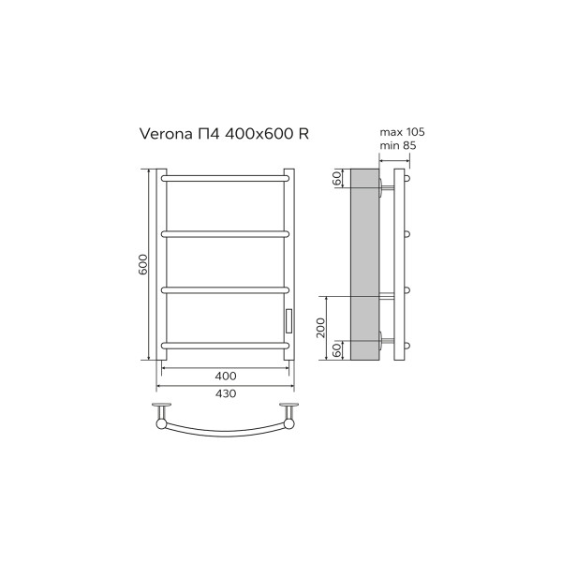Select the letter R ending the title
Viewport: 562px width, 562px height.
click(x=303, y=135)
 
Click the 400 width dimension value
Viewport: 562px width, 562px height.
click(x=225, y=376)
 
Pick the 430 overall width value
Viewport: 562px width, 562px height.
click(x=225, y=393)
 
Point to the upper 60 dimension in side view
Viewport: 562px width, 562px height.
click(x=336, y=179)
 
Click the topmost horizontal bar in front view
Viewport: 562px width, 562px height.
click(x=225, y=175)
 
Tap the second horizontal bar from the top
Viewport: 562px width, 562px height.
click(x=225, y=231)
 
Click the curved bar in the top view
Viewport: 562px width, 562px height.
click(x=225, y=432)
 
